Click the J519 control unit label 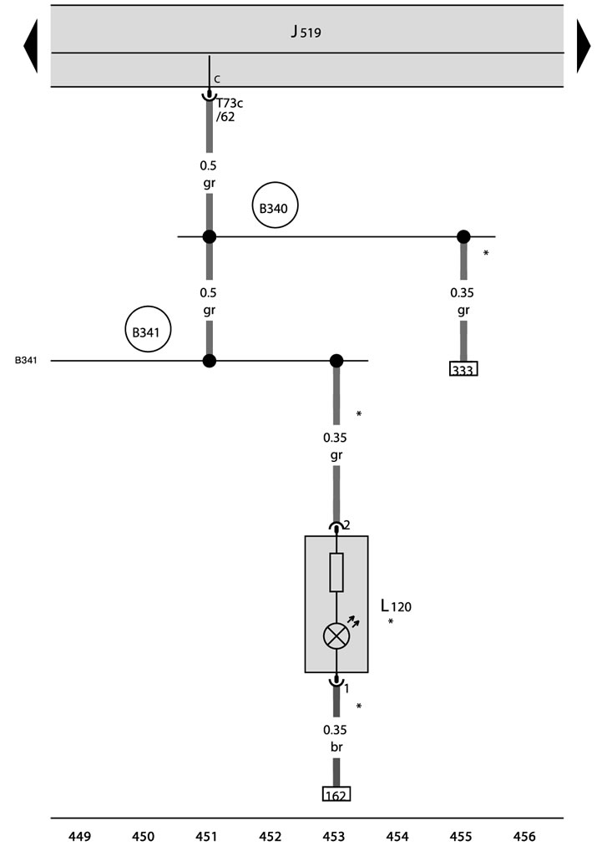[x=306, y=32]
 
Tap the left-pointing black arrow [x=31, y=46]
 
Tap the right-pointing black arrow [x=584, y=46]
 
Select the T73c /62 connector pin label [x=229, y=109]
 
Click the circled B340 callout [x=275, y=205]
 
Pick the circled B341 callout [x=148, y=329]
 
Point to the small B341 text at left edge [x=26, y=361]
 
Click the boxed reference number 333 [x=463, y=370]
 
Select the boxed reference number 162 [x=336, y=794]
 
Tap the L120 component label [x=396, y=606]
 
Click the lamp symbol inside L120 [x=336, y=636]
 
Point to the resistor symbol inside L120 [x=336, y=572]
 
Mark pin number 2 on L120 [x=346, y=525]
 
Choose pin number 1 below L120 [x=346, y=689]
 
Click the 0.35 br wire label [x=336, y=738]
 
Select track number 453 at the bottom [x=334, y=836]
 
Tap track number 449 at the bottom [x=80, y=836]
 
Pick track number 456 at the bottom [x=524, y=836]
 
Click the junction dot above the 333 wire [x=463, y=237]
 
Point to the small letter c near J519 [x=217, y=79]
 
